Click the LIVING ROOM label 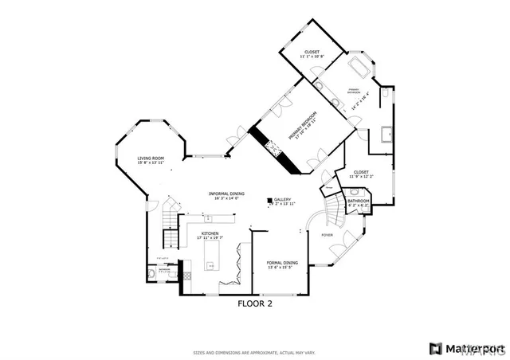click(150, 158)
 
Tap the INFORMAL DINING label click(226, 194)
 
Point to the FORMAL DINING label click(282, 262)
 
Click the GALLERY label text click(283, 200)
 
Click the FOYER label click(327, 235)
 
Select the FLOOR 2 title click(255, 303)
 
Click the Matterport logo click(466, 348)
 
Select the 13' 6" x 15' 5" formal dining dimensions click(282, 267)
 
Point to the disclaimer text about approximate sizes click(254, 352)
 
